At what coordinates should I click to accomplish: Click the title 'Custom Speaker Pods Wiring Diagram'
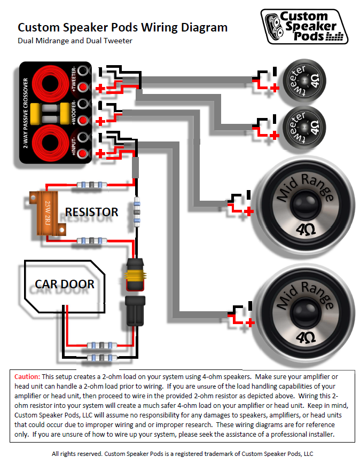tap(122, 27)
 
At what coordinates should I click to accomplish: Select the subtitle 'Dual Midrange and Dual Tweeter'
tap(75, 41)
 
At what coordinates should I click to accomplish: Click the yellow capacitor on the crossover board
tap(35, 113)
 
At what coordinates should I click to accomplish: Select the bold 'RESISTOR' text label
tap(91, 212)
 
